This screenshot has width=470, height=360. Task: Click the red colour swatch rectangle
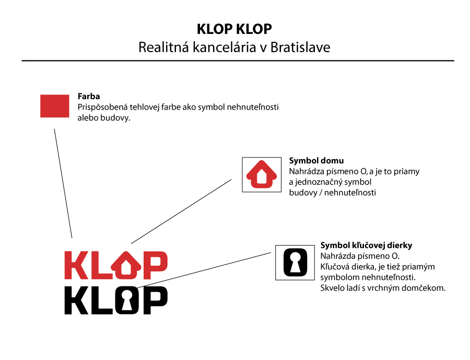[x=54, y=106]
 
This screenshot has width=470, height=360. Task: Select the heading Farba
[x=89, y=97]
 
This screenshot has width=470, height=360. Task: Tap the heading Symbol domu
[x=316, y=161]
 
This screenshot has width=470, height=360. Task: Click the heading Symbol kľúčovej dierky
[x=366, y=246]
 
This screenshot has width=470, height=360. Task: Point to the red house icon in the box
[x=262, y=174]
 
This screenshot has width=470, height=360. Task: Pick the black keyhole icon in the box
[x=295, y=262]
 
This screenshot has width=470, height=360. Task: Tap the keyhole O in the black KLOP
[x=127, y=300]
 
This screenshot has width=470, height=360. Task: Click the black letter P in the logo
[x=155, y=300]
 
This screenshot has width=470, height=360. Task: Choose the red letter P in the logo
[x=155, y=265]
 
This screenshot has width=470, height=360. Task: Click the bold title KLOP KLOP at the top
[x=234, y=29]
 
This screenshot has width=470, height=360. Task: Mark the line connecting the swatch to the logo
[x=63, y=184]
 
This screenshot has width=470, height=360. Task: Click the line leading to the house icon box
[x=181, y=211]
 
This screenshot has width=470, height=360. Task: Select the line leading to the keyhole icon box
[x=204, y=270]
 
